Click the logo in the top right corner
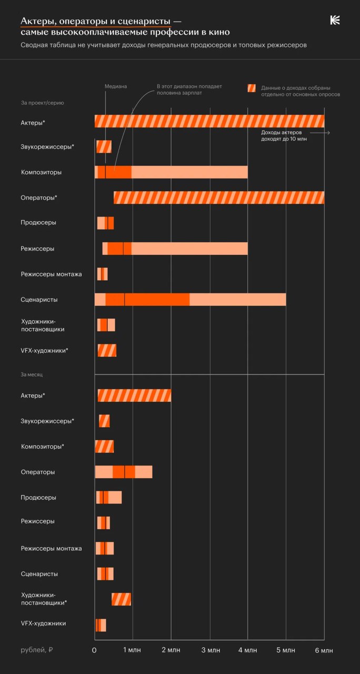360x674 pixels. [335, 21]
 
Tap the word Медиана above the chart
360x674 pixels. [116, 86]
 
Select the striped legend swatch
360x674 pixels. [252, 88]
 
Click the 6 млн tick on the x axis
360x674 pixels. [324, 650]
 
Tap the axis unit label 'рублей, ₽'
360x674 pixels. [37, 650]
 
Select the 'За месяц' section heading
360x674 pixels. [32, 374]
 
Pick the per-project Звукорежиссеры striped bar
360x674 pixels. [104, 146]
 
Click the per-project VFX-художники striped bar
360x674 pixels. [107, 351]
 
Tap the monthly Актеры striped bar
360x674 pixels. [134, 395]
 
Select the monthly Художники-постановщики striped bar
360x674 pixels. [121, 599]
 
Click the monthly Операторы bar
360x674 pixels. [123, 472]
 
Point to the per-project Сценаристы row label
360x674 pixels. [39, 299]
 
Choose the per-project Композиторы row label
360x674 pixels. [41, 172]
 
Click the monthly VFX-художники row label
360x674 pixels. [44, 623]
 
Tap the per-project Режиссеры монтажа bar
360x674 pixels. [102, 274]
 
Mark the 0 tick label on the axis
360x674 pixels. [94, 650]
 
